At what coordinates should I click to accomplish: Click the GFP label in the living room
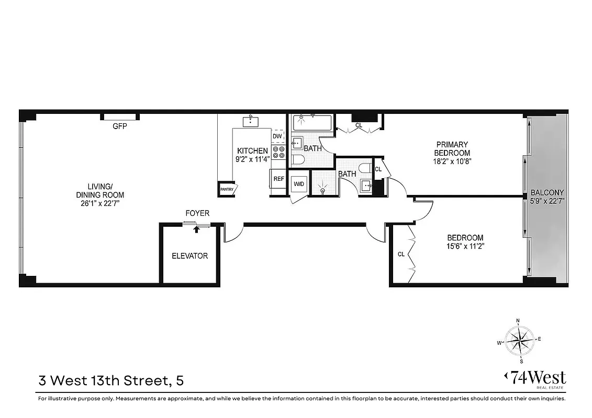coord(119,126)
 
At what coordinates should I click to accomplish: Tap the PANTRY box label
coord(227,190)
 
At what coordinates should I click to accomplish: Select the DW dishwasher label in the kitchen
coord(277,136)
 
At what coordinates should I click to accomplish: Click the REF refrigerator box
coord(278,179)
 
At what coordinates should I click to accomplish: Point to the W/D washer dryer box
coord(299,184)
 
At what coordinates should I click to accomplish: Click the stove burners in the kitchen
coord(278,152)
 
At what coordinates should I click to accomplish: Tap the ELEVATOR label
coord(190,256)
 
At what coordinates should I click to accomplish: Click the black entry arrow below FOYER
coord(197,228)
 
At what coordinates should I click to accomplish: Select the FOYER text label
coord(197,213)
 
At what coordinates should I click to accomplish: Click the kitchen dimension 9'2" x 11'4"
coord(252,159)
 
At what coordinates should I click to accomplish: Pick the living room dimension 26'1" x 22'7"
coord(99,203)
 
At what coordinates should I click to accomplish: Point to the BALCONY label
coord(547,192)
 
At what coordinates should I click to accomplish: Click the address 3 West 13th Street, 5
coord(111,380)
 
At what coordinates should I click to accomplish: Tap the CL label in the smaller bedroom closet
coord(401,254)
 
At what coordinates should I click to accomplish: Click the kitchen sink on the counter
coord(251,121)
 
